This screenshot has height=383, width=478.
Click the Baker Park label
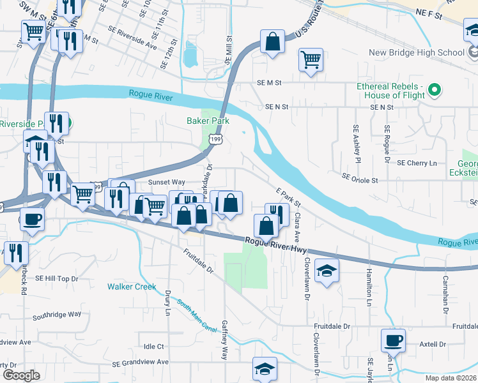[208, 120]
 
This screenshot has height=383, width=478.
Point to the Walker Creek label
[132, 287]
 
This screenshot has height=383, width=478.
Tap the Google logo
[20, 375]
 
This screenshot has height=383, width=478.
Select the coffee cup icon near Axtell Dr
[393, 340]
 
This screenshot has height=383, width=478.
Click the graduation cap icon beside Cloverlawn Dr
[327, 271]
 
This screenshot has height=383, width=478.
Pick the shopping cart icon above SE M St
[311, 60]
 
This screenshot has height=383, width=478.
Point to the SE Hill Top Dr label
[57, 278]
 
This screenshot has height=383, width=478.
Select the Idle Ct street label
[154, 347]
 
